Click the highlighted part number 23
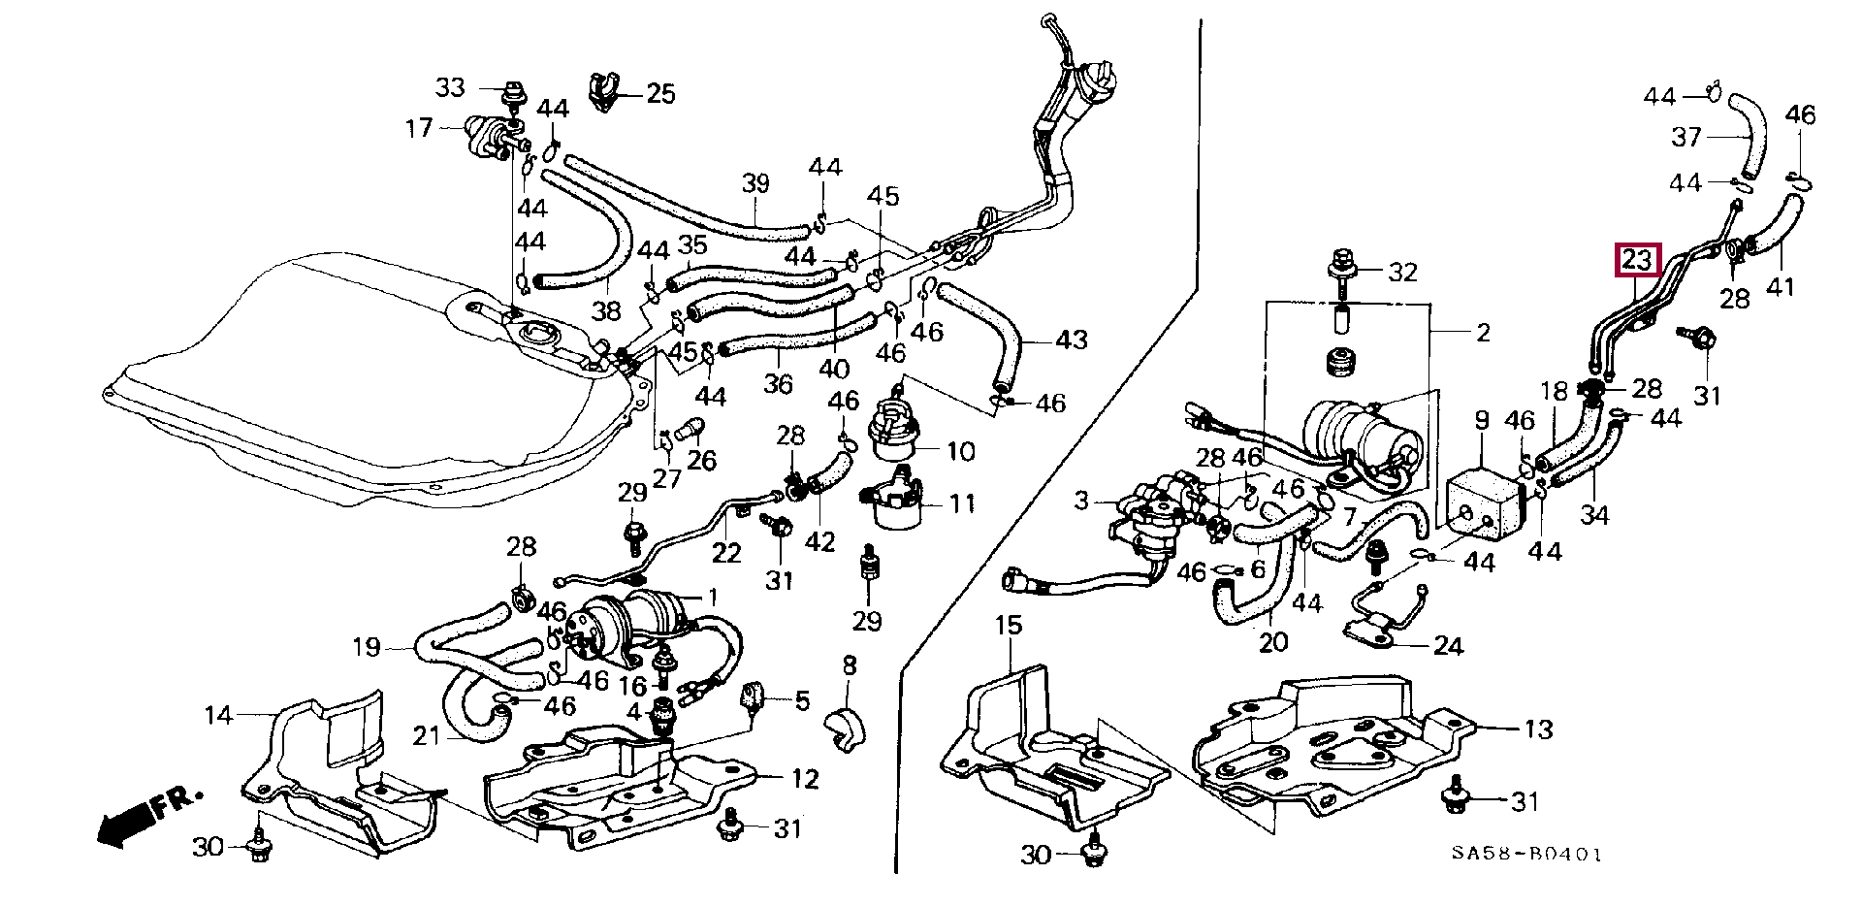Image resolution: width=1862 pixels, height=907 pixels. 1636,260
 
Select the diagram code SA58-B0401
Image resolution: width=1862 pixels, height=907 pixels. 1526,855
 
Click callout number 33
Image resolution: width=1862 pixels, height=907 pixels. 450,88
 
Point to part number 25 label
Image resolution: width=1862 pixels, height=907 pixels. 660,94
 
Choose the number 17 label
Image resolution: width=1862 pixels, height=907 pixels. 419,127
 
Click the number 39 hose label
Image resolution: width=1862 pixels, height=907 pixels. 755,182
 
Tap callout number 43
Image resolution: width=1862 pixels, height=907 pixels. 1072,340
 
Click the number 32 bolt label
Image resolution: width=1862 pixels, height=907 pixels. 1402,273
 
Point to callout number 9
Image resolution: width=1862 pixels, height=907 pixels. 1482,421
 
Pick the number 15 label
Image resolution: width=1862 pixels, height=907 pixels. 1009,626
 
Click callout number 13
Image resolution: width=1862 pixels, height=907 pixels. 1539,729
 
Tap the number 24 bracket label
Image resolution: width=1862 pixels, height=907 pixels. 1448,646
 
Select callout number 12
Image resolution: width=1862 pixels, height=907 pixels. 805,778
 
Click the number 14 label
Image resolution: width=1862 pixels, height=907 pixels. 219,716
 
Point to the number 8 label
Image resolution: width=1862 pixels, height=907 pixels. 849,665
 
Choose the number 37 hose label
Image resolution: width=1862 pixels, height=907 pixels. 1686,138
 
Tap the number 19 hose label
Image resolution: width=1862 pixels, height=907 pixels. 366,647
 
